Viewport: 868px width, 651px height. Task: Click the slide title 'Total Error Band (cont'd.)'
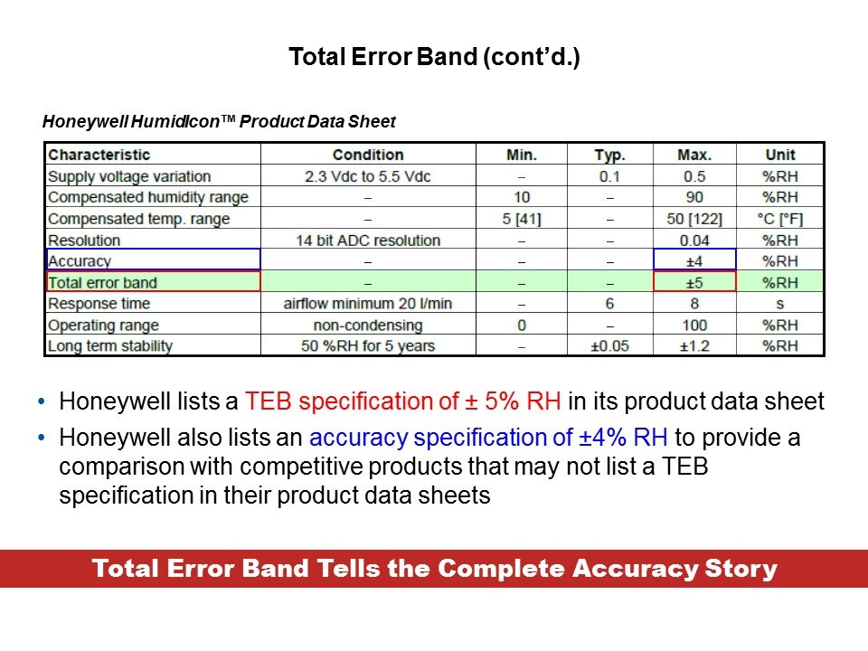pyautogui.click(x=434, y=57)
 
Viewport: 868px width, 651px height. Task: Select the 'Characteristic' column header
pyautogui.click(x=99, y=155)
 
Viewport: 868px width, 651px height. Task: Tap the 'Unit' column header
pyautogui.click(x=780, y=155)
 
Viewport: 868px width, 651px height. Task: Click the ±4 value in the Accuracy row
pyautogui.click(x=694, y=260)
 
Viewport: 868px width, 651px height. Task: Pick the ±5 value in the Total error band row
pyautogui.click(x=694, y=283)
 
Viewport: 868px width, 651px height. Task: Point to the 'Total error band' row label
pyautogui.click(x=102, y=283)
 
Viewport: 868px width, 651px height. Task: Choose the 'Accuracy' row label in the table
pyautogui.click(x=80, y=261)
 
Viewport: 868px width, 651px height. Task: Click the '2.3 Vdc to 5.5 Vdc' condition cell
pyautogui.click(x=368, y=176)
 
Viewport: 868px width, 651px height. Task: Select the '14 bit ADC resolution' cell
pyautogui.click(x=368, y=241)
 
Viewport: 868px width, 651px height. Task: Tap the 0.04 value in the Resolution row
pyautogui.click(x=694, y=241)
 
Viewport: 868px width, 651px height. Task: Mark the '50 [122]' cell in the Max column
pyautogui.click(x=694, y=219)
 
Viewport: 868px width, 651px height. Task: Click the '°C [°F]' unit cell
pyautogui.click(x=780, y=219)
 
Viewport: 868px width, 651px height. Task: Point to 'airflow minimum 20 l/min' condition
pyautogui.click(x=368, y=304)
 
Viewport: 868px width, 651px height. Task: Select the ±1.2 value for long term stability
pyautogui.click(x=694, y=346)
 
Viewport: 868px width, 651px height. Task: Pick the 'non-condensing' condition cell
pyautogui.click(x=368, y=325)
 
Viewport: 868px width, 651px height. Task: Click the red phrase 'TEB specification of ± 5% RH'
pyautogui.click(x=403, y=401)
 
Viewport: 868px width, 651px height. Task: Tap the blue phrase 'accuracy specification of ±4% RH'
pyautogui.click(x=488, y=438)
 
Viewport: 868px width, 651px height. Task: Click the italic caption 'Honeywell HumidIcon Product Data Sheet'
pyautogui.click(x=219, y=122)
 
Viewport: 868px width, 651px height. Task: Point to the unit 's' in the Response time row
pyautogui.click(x=780, y=304)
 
